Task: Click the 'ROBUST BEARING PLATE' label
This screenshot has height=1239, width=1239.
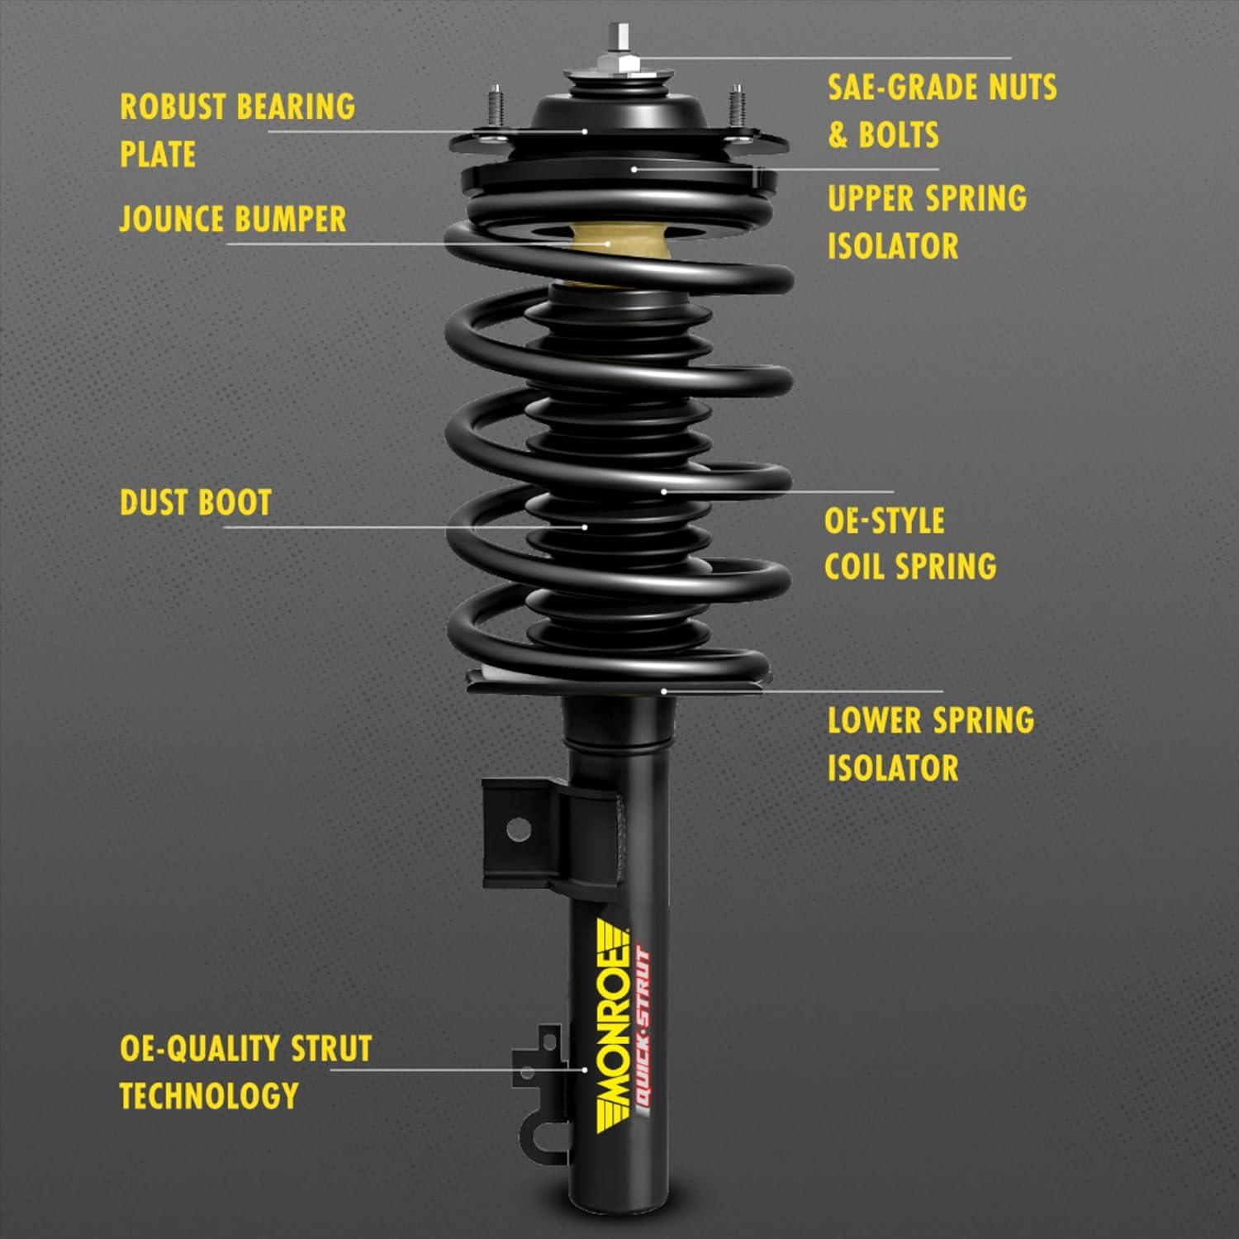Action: (237, 130)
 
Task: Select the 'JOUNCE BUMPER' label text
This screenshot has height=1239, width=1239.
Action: (232, 219)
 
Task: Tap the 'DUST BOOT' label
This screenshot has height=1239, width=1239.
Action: (196, 502)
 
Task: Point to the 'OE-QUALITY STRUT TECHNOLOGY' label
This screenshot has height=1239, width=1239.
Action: (245, 1071)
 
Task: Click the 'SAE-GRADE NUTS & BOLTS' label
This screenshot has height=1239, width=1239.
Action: (942, 111)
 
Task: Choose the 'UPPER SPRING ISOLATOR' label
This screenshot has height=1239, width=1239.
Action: (926, 221)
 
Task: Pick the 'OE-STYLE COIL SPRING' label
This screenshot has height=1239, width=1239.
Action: (909, 544)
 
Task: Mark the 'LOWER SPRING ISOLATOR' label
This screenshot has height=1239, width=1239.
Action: (930, 743)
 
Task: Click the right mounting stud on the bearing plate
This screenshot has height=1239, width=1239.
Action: (736, 106)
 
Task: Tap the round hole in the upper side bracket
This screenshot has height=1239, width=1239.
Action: (518, 828)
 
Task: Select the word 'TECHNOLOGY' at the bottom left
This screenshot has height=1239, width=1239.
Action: (209, 1095)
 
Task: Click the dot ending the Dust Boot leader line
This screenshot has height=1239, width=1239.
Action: (585, 526)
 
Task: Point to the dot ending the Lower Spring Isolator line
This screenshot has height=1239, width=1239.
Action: (663, 691)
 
